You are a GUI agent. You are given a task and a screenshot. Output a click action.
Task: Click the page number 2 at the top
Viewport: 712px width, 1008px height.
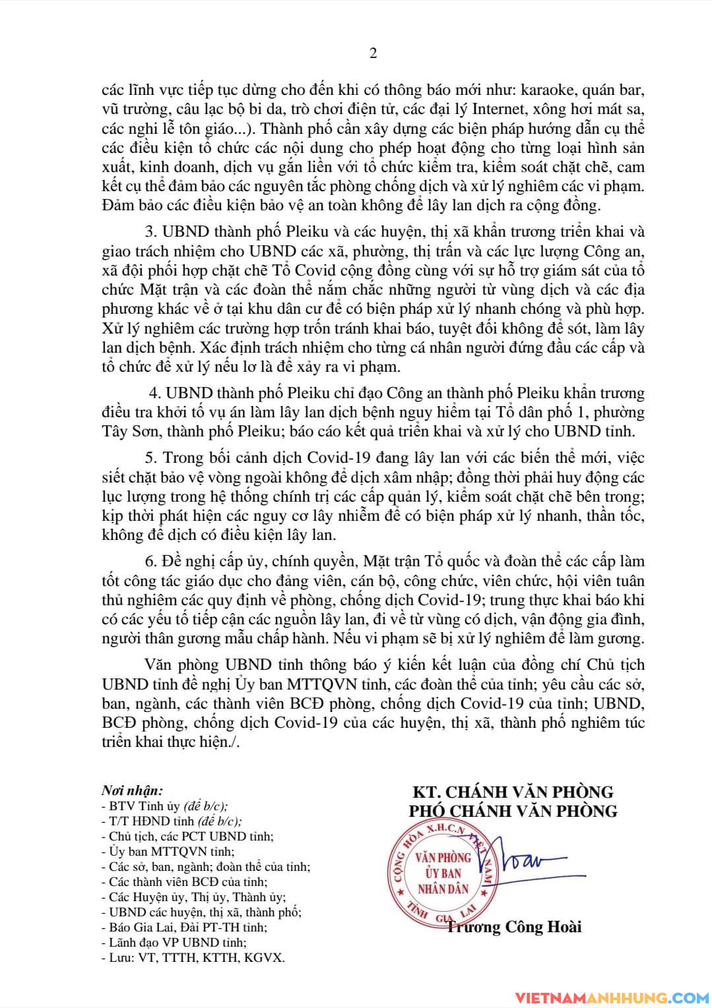coord(373,53)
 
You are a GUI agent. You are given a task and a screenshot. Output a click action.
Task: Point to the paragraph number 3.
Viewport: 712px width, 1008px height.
coord(148,232)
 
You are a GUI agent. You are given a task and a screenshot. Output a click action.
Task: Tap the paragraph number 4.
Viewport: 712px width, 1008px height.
coord(155,394)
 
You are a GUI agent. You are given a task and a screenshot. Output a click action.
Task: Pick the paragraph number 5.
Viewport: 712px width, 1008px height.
coord(148,458)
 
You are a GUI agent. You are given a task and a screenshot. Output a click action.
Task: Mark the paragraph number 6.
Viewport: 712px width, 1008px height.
coord(148,562)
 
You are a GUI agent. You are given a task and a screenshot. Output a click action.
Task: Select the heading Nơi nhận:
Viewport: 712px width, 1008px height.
coord(132,791)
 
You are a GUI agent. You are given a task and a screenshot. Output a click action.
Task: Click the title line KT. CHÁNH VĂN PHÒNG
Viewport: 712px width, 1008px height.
coord(513,792)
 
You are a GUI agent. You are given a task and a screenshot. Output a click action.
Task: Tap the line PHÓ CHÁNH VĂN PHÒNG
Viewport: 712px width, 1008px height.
coord(513,810)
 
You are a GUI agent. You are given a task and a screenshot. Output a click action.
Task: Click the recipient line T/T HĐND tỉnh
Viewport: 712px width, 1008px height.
coord(172,821)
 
